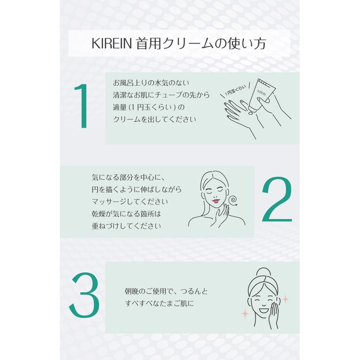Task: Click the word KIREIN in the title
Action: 110,45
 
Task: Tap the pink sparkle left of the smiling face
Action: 245,312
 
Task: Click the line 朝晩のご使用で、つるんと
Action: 166,290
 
